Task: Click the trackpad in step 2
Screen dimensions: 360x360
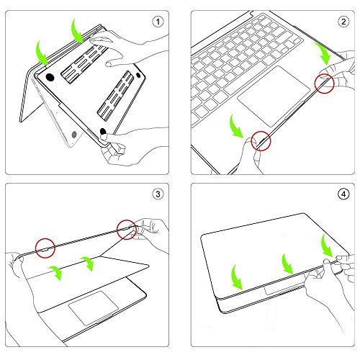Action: click(x=274, y=102)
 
